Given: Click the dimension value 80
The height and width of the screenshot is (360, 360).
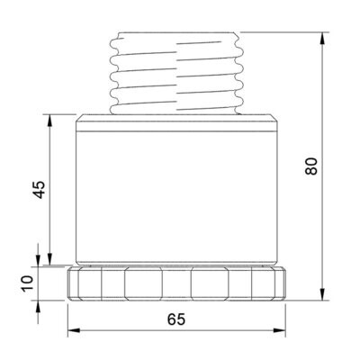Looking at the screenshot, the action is pos(311,166).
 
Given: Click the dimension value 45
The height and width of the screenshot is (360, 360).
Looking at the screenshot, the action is pos(39,190).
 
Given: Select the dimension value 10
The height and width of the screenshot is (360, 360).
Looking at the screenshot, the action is pos(27,283).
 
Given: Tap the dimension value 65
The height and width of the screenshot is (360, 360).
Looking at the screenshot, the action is pos(176,319).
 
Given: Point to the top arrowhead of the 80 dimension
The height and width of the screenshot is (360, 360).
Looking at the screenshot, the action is pos(322,39).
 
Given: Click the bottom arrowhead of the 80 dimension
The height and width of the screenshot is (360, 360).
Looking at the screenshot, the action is pos(322,293).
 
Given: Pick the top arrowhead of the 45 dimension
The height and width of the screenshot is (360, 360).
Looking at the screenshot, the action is pos(50,121).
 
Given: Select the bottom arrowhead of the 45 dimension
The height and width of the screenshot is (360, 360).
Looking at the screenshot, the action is pos(50,259).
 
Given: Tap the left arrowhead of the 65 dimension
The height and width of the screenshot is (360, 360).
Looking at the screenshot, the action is pos(74,330).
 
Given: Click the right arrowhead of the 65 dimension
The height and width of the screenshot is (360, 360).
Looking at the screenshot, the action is pos(279,330).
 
